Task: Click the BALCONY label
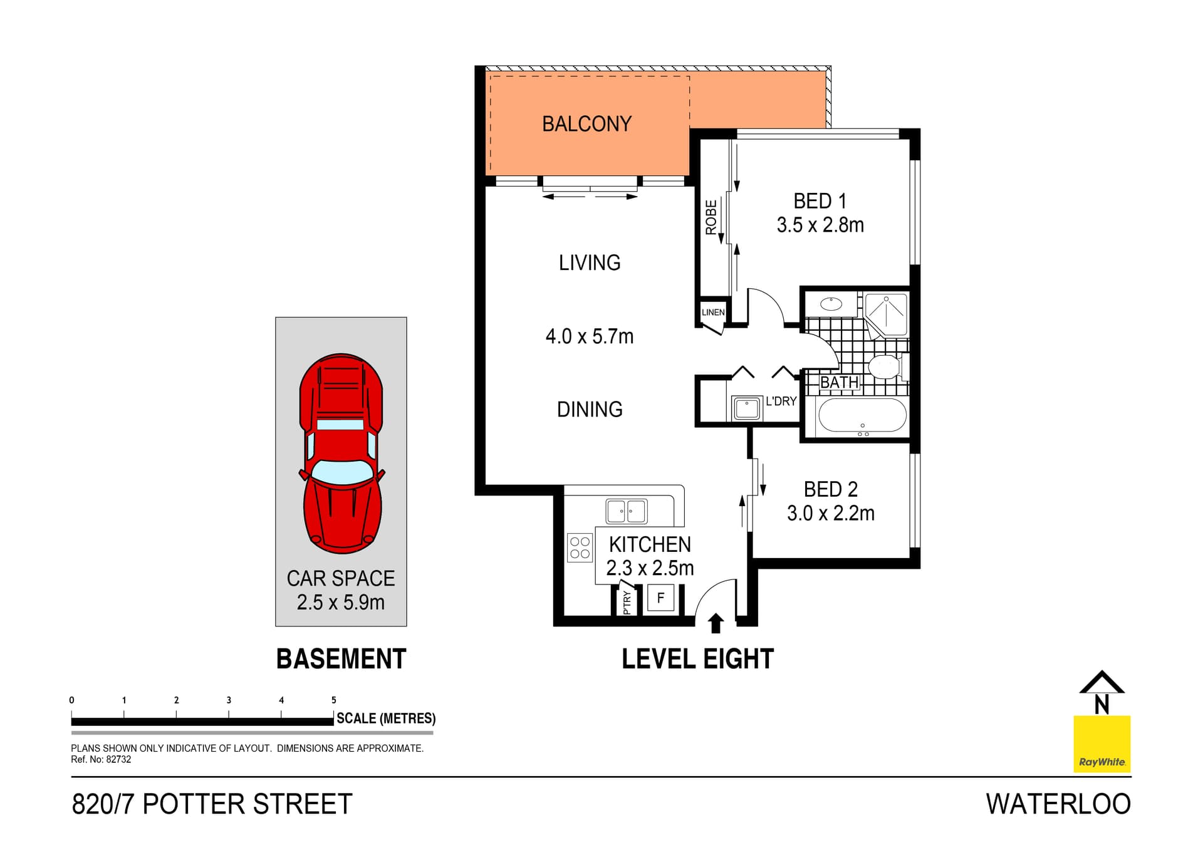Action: (586, 124)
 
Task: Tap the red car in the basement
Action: (341, 454)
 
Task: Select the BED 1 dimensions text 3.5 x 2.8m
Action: (820, 225)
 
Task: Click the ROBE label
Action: (711, 217)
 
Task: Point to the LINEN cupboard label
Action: (713, 312)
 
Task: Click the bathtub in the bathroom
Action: (862, 415)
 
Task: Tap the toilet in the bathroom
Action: (885, 368)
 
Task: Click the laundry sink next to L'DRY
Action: (746, 408)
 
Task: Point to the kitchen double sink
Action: (627, 511)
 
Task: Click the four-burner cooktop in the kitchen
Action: (580, 547)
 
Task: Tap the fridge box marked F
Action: (660, 598)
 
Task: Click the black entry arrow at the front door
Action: (716, 623)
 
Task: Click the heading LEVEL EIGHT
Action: (697, 659)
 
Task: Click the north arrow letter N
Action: (1101, 705)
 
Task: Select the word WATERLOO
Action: (1058, 804)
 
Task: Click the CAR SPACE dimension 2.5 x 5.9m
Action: (341, 603)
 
